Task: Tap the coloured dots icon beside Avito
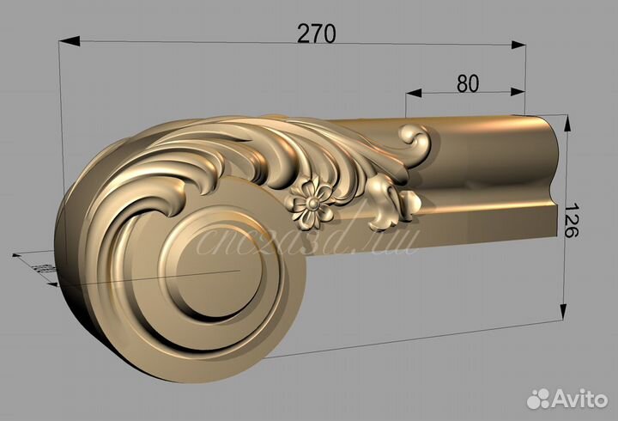tap(539, 398)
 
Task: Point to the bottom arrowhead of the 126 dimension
tap(564, 313)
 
